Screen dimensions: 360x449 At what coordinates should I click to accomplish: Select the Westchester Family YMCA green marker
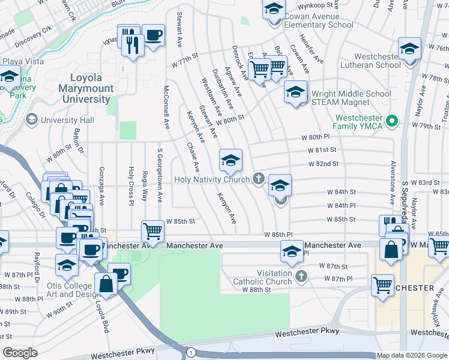[393, 121]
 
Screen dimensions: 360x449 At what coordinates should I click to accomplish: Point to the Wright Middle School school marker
[295, 92]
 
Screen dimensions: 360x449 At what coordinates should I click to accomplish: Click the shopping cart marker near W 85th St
[153, 230]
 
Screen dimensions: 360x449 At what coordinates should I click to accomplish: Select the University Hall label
[69, 121]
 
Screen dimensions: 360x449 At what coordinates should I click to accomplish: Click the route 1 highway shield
[191, 352]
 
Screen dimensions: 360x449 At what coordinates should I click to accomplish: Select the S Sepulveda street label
[405, 201]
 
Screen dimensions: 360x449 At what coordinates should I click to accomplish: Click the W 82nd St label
[324, 163]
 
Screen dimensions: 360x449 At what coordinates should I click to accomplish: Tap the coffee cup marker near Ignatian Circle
[152, 36]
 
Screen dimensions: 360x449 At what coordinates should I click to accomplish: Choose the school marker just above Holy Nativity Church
[230, 160]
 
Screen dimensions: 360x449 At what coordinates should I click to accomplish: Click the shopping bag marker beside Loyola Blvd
[106, 284]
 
